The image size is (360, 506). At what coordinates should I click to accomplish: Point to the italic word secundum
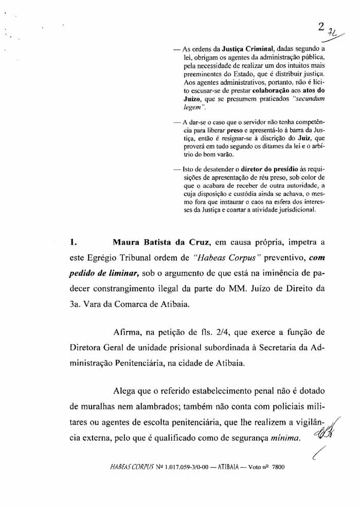[309, 99]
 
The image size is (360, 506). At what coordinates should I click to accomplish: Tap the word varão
[224, 154]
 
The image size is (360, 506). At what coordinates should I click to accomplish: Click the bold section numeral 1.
[73, 241]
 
